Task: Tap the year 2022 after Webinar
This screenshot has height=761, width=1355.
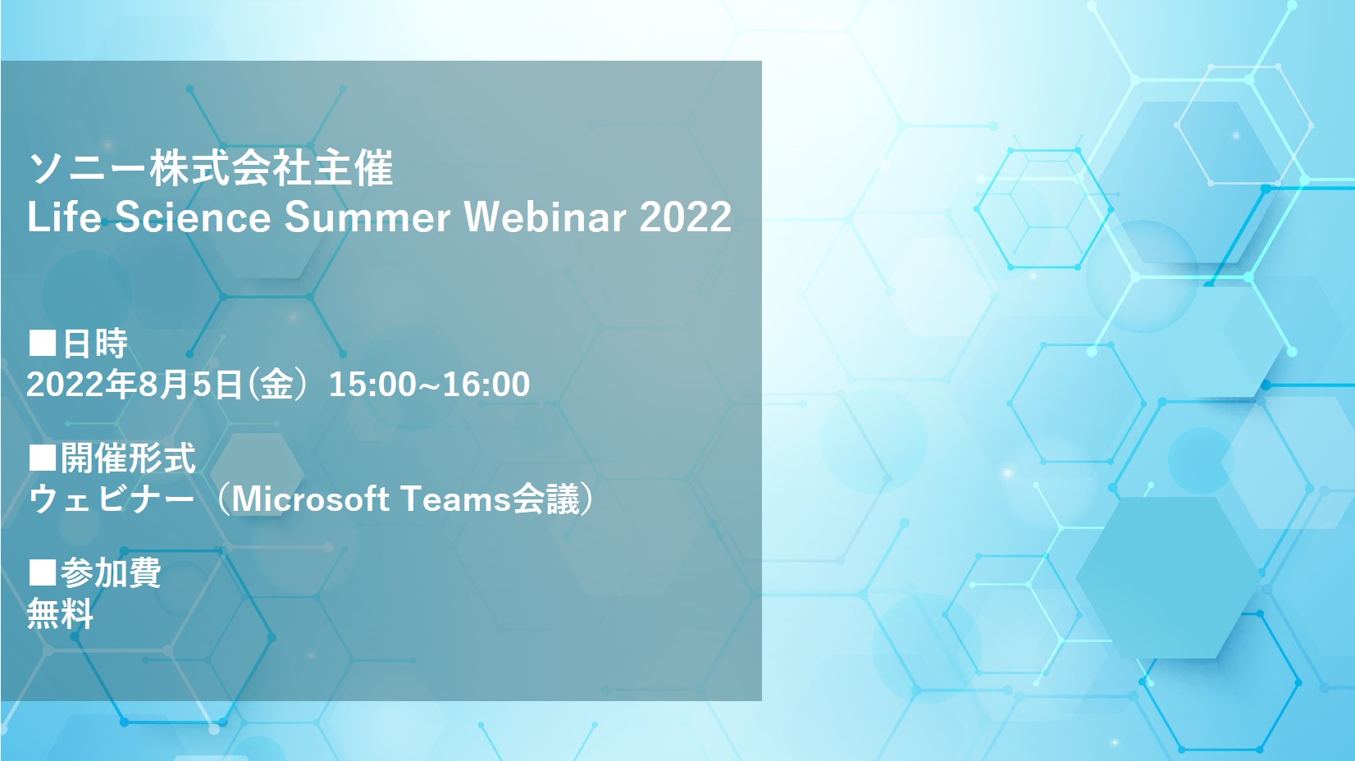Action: [686, 216]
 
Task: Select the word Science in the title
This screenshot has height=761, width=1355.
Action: [193, 216]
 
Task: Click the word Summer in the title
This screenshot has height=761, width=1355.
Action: [367, 217]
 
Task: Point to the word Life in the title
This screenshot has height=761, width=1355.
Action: [64, 216]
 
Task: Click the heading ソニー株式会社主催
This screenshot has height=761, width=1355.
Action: [211, 168]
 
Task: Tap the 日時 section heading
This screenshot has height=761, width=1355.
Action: [95, 344]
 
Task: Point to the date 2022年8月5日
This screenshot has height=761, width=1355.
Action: [135, 384]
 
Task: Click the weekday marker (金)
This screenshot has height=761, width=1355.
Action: [276, 384]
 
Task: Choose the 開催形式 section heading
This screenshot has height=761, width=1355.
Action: [128, 458]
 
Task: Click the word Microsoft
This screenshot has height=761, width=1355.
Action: [310, 499]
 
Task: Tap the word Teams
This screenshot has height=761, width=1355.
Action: [456, 499]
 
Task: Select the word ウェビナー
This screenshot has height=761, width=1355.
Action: [112, 499]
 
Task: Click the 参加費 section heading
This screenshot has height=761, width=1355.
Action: [111, 572]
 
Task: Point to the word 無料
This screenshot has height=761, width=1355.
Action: [60, 613]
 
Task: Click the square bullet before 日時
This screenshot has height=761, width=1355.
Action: [43, 343]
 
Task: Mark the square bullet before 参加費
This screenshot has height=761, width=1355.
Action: [43, 572]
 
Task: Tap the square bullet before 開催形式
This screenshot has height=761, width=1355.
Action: [43, 458]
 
